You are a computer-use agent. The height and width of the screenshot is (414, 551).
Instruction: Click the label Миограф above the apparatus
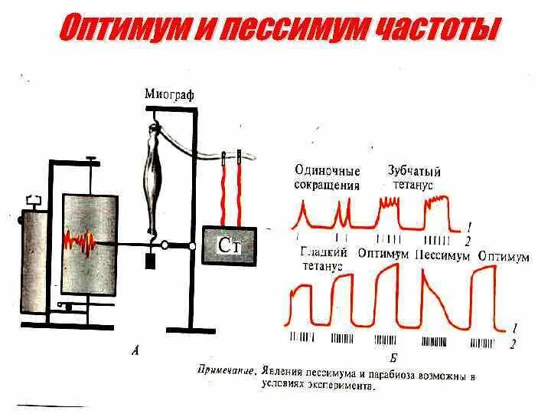169,94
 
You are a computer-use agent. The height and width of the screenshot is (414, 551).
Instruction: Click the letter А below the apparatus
135,351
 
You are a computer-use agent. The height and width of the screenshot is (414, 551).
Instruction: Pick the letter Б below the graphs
393,358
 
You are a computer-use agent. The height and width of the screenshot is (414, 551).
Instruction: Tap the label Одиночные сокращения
327,178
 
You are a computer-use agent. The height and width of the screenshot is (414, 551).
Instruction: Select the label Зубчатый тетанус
414,178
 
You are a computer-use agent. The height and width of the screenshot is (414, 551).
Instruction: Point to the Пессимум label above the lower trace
442,255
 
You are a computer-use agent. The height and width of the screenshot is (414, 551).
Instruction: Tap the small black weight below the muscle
151,261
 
